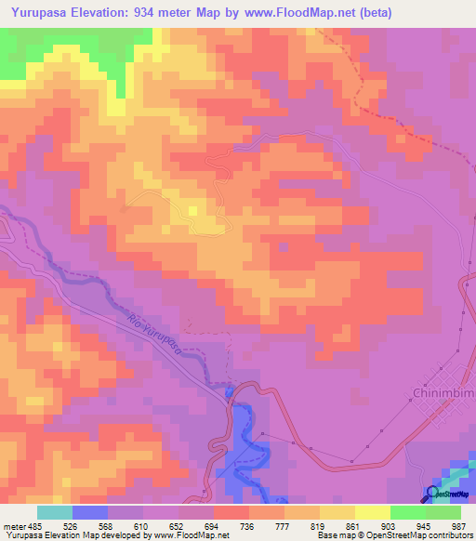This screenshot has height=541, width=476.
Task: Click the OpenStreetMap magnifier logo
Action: (431, 493)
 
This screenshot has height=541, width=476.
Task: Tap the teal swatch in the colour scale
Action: (54, 512)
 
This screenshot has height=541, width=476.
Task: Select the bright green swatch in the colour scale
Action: (408, 512)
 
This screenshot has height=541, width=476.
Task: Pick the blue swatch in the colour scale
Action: (90, 512)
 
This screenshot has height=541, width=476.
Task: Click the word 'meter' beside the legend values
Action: (13, 525)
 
